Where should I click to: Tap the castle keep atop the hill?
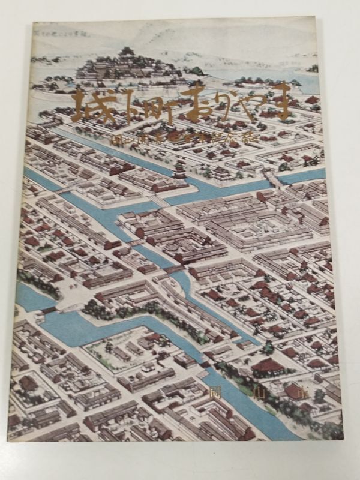tap(127, 55)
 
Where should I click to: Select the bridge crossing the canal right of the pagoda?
tap(271, 178)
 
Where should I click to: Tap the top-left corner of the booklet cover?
tap(33, 23)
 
